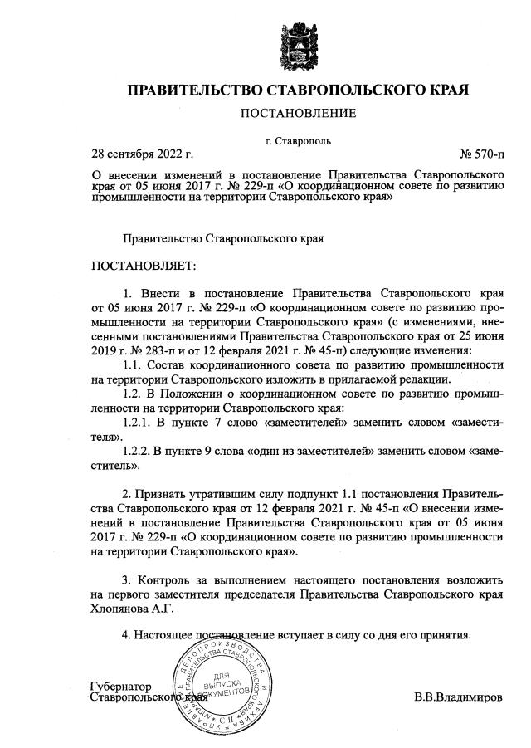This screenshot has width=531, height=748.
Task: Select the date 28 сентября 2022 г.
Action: click(142, 154)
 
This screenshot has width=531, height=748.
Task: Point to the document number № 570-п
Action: click(480, 154)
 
